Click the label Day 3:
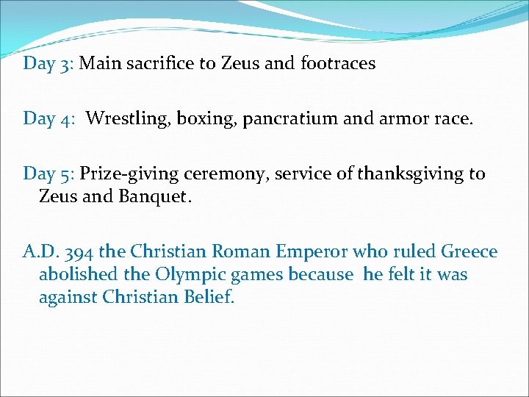click(48, 63)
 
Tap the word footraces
click(338, 63)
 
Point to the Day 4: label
click(48, 118)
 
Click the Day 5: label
click(48, 174)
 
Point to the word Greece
click(469, 252)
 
